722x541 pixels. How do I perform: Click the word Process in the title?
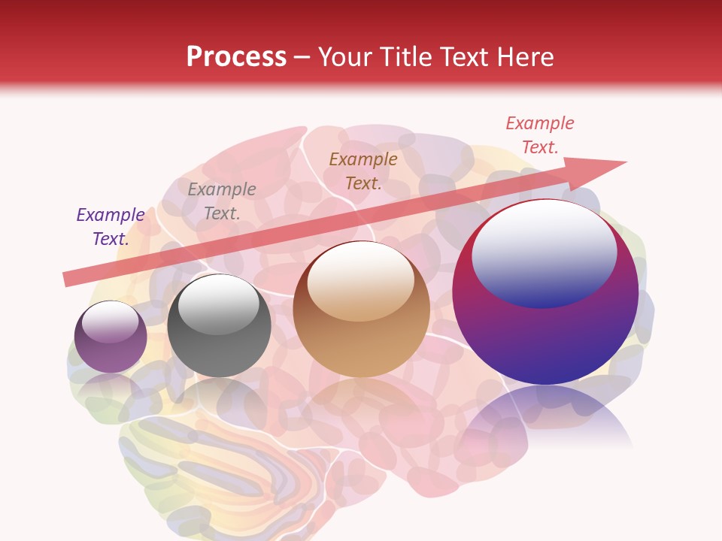(x=236, y=57)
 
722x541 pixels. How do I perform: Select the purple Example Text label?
(x=111, y=227)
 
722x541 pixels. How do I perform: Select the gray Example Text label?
(x=222, y=201)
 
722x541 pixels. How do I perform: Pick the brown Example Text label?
(x=363, y=171)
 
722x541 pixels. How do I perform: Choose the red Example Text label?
(x=539, y=135)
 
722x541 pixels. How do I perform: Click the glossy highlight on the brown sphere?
(x=361, y=274)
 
